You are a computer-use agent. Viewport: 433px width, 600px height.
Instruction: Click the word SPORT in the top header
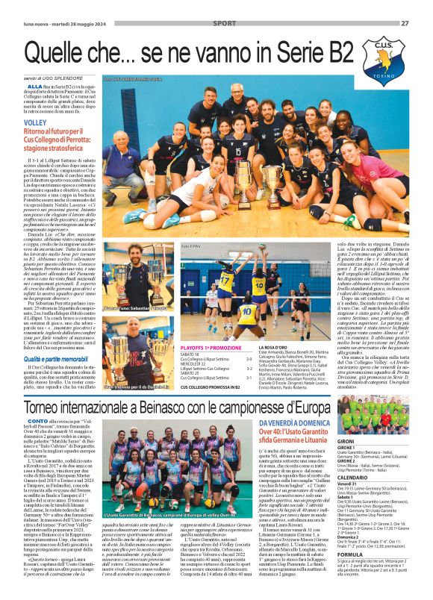click(223, 23)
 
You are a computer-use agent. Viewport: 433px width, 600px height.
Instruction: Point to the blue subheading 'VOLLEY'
click(35, 121)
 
